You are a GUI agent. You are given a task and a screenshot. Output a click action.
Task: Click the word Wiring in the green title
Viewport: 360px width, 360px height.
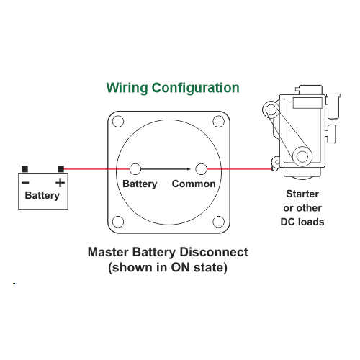(x=127, y=88)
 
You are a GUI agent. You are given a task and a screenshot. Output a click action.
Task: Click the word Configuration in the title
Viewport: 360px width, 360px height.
(x=196, y=88)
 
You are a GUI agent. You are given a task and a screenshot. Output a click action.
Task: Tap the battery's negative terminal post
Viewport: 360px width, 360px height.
(x=24, y=169)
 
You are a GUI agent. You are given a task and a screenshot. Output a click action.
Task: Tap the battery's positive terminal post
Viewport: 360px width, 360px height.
(x=60, y=169)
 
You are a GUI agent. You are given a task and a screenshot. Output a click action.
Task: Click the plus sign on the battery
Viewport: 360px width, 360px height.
(x=60, y=183)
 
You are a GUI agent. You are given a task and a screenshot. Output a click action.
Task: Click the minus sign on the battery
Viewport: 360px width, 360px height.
(x=25, y=183)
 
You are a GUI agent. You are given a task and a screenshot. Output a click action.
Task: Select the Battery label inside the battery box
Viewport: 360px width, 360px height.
(x=42, y=196)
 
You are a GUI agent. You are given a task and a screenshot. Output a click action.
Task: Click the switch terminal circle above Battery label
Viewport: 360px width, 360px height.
(x=135, y=169)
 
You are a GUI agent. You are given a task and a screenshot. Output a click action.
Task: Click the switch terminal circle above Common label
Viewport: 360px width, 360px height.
(x=201, y=169)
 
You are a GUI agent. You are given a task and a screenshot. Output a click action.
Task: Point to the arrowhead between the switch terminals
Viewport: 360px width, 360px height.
(x=189, y=169)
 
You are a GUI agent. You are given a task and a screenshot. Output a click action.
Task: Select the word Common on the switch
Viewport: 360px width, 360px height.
(x=194, y=184)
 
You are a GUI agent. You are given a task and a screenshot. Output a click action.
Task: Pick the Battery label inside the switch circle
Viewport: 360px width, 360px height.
(x=140, y=184)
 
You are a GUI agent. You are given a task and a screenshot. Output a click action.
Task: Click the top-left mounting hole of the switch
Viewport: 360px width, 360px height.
(x=118, y=122)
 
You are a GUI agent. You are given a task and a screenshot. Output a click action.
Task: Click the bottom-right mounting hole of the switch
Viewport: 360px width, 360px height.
(x=219, y=222)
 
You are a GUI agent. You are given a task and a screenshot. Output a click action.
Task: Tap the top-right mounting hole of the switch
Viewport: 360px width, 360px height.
(x=219, y=122)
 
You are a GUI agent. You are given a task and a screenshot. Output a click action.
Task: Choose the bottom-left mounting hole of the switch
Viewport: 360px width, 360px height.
(x=118, y=222)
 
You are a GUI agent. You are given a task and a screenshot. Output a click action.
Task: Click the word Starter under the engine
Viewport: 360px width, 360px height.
(x=302, y=194)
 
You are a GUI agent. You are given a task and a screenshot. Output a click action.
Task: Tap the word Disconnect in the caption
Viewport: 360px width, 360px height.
(x=214, y=252)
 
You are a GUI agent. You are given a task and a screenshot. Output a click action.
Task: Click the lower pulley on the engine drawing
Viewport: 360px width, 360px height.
(x=302, y=156)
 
